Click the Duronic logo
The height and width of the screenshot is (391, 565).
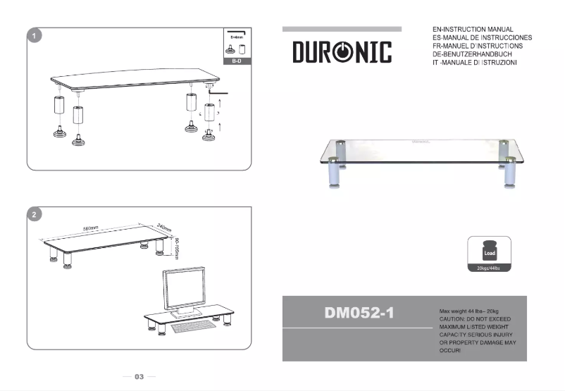point(342,51)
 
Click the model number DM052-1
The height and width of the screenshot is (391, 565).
point(359,312)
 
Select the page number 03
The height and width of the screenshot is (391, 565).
point(139,377)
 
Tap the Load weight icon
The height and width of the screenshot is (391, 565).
point(489,252)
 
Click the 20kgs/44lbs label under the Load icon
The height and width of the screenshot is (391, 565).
point(489,268)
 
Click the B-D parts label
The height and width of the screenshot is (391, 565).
point(237,61)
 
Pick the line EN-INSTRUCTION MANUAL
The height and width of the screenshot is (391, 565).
point(472,30)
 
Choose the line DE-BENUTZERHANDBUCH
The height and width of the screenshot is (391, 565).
point(473,54)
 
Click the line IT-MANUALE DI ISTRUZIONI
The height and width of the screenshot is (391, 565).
point(475,63)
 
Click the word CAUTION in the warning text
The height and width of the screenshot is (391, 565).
point(452,318)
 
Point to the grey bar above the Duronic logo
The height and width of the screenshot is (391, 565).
point(342,29)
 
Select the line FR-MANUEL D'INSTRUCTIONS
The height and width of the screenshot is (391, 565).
point(477,46)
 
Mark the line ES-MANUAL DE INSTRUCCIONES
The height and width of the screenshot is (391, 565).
point(481,37)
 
